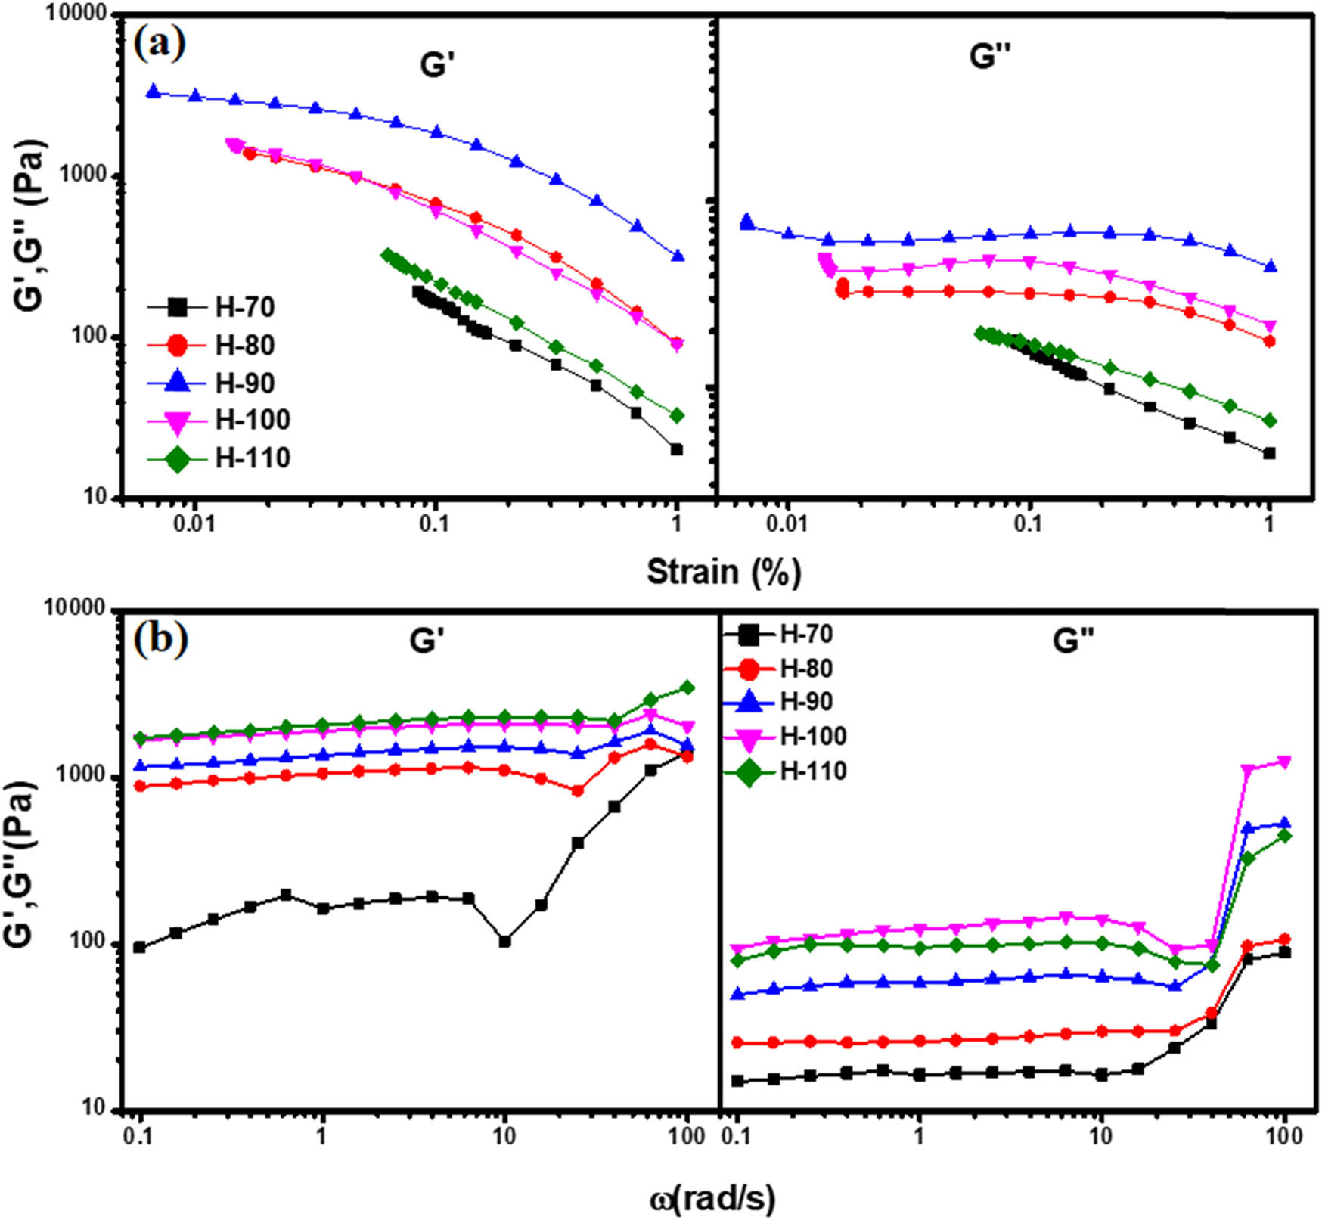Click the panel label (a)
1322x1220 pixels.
tap(159, 44)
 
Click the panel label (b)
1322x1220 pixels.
tap(160, 639)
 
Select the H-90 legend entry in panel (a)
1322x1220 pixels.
tap(219, 383)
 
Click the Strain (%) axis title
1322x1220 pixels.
tap(723, 572)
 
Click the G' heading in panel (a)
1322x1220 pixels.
tap(436, 65)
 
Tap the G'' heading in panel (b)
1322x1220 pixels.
tap(1073, 642)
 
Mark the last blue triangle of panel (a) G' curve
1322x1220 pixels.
tap(678, 256)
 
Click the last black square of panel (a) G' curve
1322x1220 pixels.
tap(677, 449)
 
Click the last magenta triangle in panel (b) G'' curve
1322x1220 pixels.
tap(1283, 762)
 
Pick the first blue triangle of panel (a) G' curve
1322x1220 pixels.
tap(154, 92)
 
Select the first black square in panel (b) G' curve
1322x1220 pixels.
tap(139, 947)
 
